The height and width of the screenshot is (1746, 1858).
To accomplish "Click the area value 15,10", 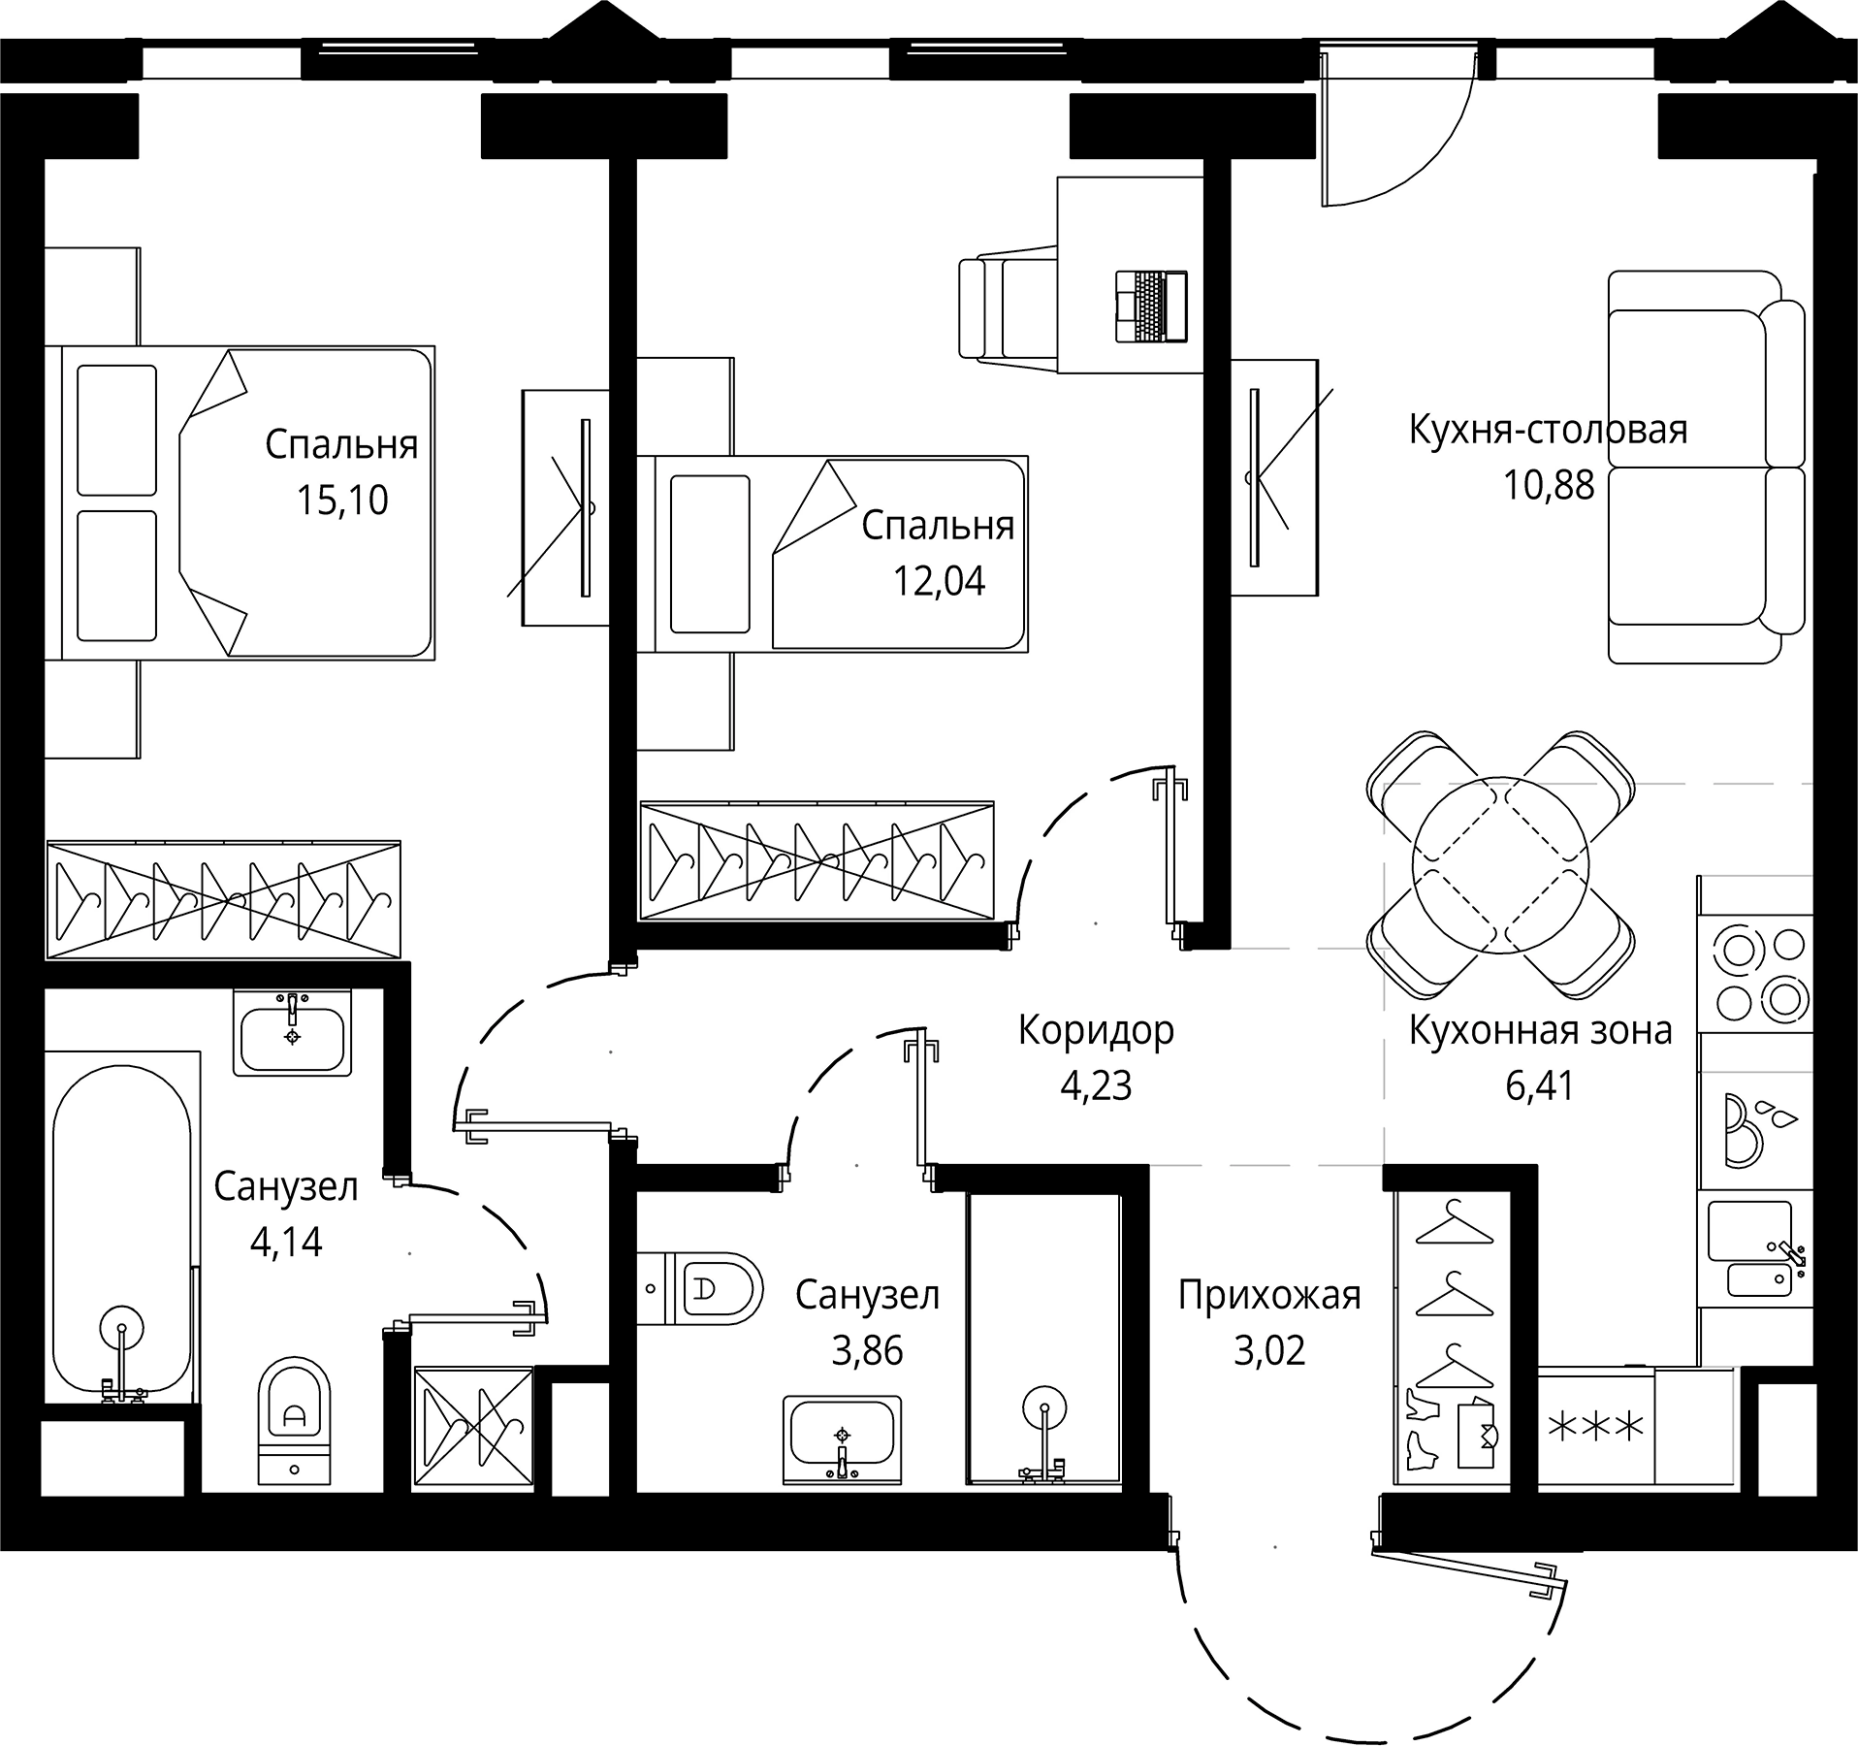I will (x=341, y=501).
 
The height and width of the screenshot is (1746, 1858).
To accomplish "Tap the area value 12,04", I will (x=938, y=581).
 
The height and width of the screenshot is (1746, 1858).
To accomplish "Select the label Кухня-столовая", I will (x=1547, y=429).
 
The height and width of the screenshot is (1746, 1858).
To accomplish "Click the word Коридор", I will (x=1095, y=1030).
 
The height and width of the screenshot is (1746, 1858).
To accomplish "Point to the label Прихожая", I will (x=1268, y=1295).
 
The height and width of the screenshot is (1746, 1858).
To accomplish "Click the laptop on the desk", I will (x=1151, y=307).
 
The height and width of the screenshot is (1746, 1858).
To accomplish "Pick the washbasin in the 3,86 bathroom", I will (x=842, y=1439).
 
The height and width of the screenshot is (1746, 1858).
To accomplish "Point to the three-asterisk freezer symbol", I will (x=1595, y=1427).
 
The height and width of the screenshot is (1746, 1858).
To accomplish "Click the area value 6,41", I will (x=1539, y=1085).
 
